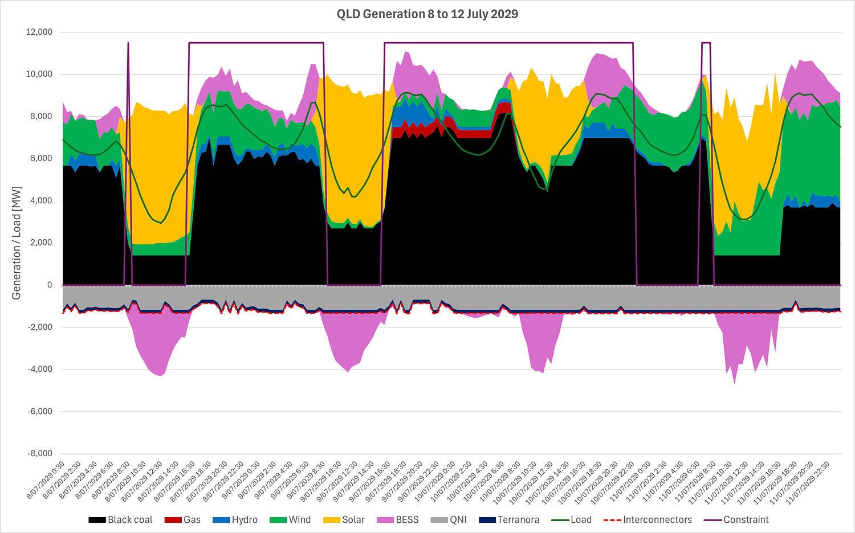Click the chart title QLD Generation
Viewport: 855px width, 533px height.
point(427,14)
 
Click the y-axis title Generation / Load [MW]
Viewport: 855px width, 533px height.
point(17,242)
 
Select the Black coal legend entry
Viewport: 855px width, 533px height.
point(121,520)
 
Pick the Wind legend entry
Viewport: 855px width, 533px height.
point(291,520)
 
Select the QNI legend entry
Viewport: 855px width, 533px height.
point(449,520)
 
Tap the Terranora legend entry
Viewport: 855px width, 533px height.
point(509,520)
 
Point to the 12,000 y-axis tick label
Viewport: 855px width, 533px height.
point(39,32)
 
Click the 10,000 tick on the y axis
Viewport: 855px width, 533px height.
point(39,74)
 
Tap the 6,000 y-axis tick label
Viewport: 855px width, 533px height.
point(42,158)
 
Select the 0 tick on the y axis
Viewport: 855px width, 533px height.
point(50,285)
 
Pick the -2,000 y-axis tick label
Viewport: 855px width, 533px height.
point(40,327)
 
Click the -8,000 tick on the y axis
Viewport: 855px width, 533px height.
point(40,453)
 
